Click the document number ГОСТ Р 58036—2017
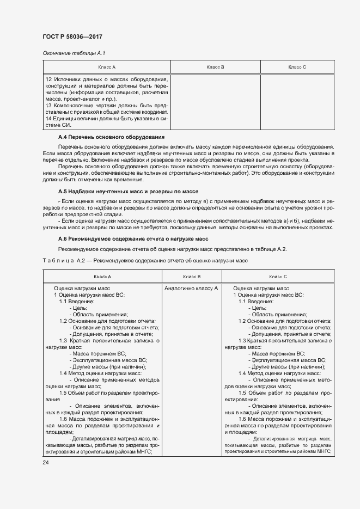coord(72,36)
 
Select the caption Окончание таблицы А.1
coord(70,53)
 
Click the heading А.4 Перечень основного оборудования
coord(111,137)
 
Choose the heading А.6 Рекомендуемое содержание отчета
coord(133,239)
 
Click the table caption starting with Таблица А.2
coord(145,260)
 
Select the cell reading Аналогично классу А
coord(191,288)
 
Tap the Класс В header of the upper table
coord(216,66)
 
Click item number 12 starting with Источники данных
coord(107,81)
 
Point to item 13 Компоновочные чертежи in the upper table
coord(107,105)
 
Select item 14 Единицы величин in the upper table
coord(107,119)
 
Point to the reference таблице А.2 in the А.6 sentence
coord(271,249)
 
